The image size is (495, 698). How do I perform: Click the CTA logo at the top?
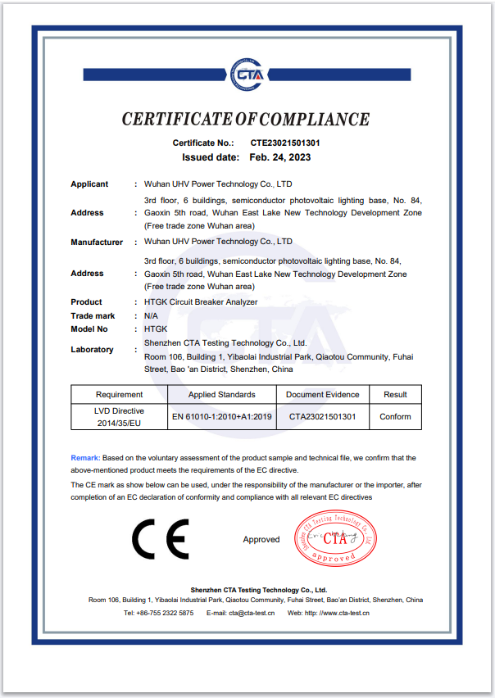tap(247, 75)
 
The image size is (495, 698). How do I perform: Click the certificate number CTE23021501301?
tap(285, 143)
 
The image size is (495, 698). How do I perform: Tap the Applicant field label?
tap(89, 184)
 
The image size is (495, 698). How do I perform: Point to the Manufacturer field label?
tap(97, 242)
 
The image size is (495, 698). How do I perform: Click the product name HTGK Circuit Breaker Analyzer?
tap(201, 302)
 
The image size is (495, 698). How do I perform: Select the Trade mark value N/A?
tap(151, 315)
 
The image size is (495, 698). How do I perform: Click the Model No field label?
tap(89, 329)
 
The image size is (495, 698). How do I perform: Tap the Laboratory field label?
tap(92, 350)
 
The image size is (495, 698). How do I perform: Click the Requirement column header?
tap(119, 395)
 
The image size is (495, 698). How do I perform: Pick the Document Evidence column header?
tap(322, 395)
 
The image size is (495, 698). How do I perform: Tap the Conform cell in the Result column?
tap(395, 417)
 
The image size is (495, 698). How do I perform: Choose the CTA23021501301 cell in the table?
tap(322, 417)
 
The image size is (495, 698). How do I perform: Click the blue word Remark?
tap(85, 458)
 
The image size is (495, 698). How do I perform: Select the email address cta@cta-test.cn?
tap(252, 613)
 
